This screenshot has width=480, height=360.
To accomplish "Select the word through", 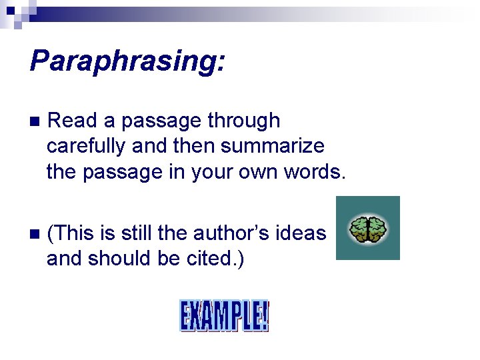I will coord(244,121).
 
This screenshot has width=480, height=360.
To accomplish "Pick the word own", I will coord(259,171).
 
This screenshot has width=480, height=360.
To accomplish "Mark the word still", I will coord(137,233).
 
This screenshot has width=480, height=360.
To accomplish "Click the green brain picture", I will coord(368,228).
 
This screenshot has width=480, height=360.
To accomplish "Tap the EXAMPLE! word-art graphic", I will coord(224,316).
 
